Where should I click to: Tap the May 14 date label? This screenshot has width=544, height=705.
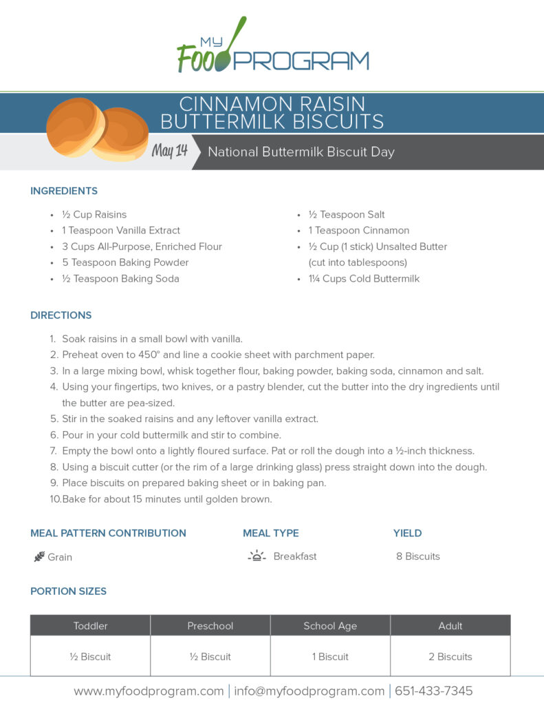[x=169, y=151]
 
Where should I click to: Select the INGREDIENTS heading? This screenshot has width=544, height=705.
[x=64, y=191]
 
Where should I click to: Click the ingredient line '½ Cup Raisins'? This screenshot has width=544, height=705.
[x=94, y=215]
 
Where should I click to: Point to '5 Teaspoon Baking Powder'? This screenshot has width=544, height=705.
[x=125, y=262]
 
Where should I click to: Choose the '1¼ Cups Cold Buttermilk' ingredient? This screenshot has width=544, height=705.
[x=364, y=279]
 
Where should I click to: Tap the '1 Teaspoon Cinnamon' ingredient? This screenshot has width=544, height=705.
[x=358, y=231]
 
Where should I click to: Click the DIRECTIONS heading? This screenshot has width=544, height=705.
[x=61, y=315]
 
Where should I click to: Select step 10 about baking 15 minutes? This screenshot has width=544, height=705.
[x=167, y=499]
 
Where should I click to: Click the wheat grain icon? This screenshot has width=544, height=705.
[x=39, y=557]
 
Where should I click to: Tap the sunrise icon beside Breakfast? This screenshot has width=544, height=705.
[x=257, y=556]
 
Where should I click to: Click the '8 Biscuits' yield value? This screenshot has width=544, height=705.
[x=418, y=556]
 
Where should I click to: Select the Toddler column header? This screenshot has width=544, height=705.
[x=91, y=626]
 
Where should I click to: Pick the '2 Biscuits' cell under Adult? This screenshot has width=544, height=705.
[x=450, y=657]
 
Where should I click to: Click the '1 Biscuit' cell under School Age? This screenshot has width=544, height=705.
[x=330, y=657]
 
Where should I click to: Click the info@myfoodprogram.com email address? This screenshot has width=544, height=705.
[x=309, y=691]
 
